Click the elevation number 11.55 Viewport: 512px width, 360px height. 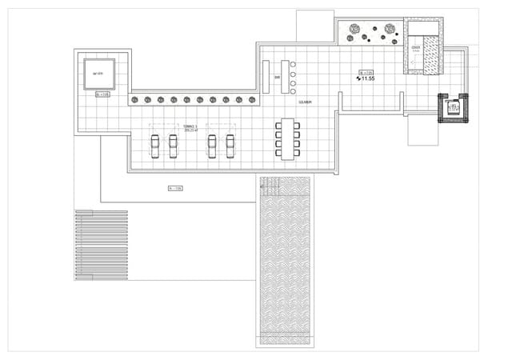(368, 79)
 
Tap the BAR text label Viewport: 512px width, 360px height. (277, 78)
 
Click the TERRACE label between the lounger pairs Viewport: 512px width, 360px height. (190, 127)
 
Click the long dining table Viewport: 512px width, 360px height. (288, 138)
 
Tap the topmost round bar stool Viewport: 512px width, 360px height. (294, 64)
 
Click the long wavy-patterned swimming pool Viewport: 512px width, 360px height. (288, 264)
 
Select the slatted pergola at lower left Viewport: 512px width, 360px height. (101, 245)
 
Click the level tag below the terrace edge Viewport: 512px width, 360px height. (174, 189)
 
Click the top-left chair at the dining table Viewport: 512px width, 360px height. (277, 124)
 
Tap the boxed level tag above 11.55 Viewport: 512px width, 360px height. (366, 71)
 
